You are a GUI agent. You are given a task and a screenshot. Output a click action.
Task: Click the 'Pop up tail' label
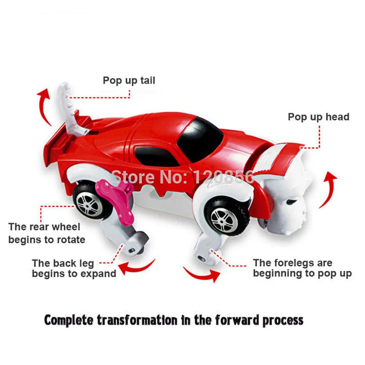click(x=129, y=81)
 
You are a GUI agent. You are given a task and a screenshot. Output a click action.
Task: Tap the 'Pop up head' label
click(x=318, y=117)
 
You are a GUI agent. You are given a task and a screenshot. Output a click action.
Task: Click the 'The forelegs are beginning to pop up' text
click(x=302, y=268)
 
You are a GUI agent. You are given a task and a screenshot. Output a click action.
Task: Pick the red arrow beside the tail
click(x=44, y=105)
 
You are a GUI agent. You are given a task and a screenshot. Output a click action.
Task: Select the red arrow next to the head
click(x=330, y=189)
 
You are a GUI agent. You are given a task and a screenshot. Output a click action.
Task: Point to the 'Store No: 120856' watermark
click(x=182, y=176)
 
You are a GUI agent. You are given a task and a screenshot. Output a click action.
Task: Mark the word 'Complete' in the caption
click(x=69, y=320)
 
